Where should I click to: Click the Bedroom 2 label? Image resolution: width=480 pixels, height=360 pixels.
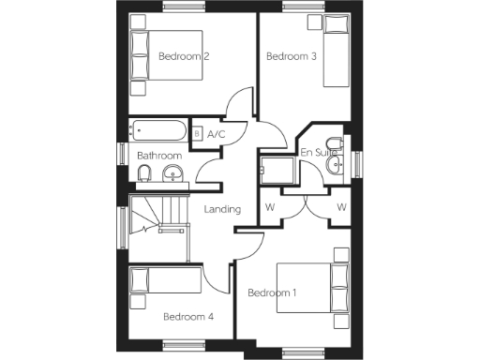[x=183, y=56]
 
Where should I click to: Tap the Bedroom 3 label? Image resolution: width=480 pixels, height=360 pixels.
[x=291, y=56]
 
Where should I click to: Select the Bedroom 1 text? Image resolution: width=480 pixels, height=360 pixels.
[x=272, y=293]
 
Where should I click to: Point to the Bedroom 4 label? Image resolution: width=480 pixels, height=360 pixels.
[x=188, y=317]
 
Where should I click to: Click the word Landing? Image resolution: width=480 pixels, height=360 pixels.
[x=222, y=209]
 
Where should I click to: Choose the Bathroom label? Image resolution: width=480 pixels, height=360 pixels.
[x=159, y=155]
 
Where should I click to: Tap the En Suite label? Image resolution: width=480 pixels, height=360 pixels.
[x=319, y=151]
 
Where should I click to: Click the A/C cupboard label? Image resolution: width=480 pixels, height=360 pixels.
[x=217, y=135]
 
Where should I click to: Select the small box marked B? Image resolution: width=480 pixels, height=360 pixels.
[x=197, y=134]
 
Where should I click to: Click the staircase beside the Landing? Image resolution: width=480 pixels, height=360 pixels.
[x=157, y=225]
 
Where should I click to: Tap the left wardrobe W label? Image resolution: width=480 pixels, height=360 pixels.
[x=270, y=206]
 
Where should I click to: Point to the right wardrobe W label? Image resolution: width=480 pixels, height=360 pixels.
[x=340, y=206]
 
